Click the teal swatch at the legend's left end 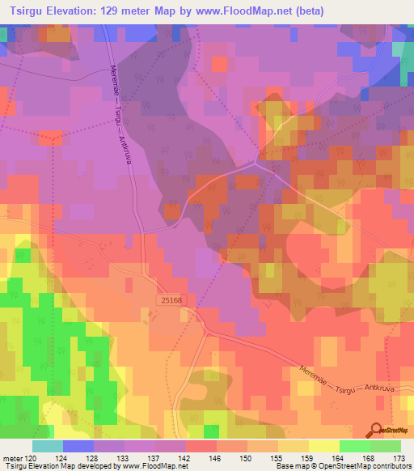[48, 446]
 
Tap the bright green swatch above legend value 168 [353, 446]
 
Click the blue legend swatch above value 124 [78, 446]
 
